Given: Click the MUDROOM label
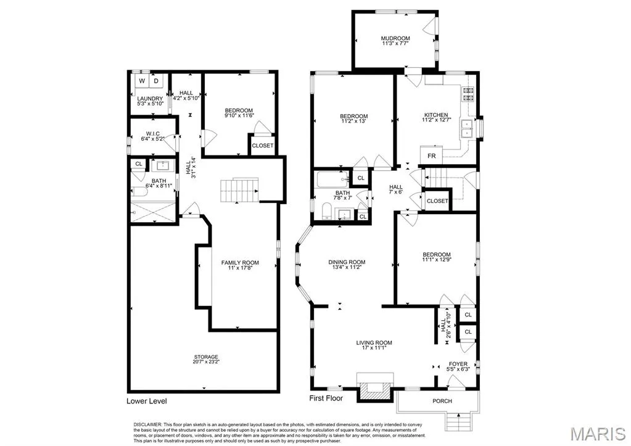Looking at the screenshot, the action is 395,38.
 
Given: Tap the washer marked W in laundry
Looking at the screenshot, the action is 142,81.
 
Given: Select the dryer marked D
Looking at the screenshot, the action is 156,81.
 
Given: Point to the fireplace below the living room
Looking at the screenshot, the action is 375,387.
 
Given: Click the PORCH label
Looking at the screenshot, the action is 442,401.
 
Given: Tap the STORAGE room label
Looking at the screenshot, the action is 206,357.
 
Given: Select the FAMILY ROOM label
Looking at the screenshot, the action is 240,262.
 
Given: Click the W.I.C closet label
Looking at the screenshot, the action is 153,134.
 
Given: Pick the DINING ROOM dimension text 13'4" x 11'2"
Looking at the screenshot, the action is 347,267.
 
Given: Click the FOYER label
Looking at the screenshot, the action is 458,364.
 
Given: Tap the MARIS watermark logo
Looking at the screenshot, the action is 598,434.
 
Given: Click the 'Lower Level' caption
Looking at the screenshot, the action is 146,401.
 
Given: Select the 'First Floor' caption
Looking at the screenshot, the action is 326,398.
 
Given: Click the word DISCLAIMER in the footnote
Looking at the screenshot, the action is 147,424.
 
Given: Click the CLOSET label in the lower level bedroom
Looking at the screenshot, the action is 262,146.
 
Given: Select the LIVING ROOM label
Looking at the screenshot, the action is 374,342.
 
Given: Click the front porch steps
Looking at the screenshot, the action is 458,422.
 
